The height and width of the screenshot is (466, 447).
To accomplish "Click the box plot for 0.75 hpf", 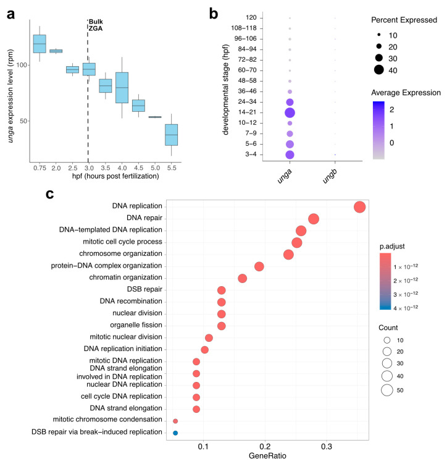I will coord(40,44).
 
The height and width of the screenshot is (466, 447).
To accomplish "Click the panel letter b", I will coord(214,11).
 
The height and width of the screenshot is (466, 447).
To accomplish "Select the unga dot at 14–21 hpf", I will coord(290,112).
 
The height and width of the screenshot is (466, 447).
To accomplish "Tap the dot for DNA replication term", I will coord(360,208).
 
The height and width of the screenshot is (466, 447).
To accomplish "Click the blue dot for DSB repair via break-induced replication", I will coord(175,433).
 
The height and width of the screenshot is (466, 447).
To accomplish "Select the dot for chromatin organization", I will coord(243,278).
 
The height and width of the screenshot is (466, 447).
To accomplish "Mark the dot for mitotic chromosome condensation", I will coord(175,421).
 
